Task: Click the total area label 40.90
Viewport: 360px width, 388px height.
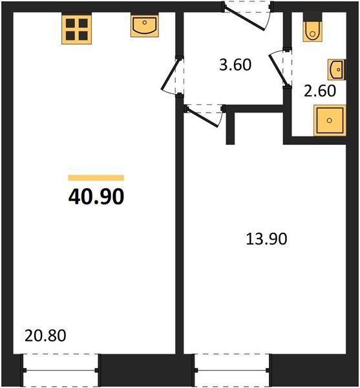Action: pyautogui.click(x=96, y=196)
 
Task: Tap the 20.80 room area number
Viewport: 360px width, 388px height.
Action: pyautogui.click(x=45, y=336)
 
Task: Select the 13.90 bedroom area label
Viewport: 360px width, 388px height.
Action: pyautogui.click(x=266, y=239)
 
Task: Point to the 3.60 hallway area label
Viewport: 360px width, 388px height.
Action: pyautogui.click(x=235, y=65)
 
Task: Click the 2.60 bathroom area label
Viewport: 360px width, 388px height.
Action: pyautogui.click(x=320, y=91)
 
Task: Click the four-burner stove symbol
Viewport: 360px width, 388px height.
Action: pyautogui.click(x=77, y=30)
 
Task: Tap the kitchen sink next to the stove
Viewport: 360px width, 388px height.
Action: pyautogui.click(x=145, y=26)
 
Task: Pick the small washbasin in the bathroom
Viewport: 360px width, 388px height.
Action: pyautogui.click(x=337, y=70)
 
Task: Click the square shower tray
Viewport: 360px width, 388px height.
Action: pyautogui.click(x=330, y=120)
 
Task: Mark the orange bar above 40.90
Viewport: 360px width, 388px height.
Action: pyautogui.click(x=96, y=178)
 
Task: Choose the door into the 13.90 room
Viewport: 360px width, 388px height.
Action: pyautogui.click(x=205, y=116)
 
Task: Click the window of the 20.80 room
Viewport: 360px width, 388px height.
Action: pyautogui.click(x=61, y=370)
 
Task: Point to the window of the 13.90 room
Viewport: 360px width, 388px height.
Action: pyautogui.click(x=232, y=370)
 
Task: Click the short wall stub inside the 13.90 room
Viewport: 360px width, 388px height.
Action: pyautogui.click(x=230, y=128)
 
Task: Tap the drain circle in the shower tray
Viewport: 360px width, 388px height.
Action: pyautogui.click(x=330, y=120)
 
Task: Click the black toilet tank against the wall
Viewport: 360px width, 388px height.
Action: pyautogui.click(x=313, y=17)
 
